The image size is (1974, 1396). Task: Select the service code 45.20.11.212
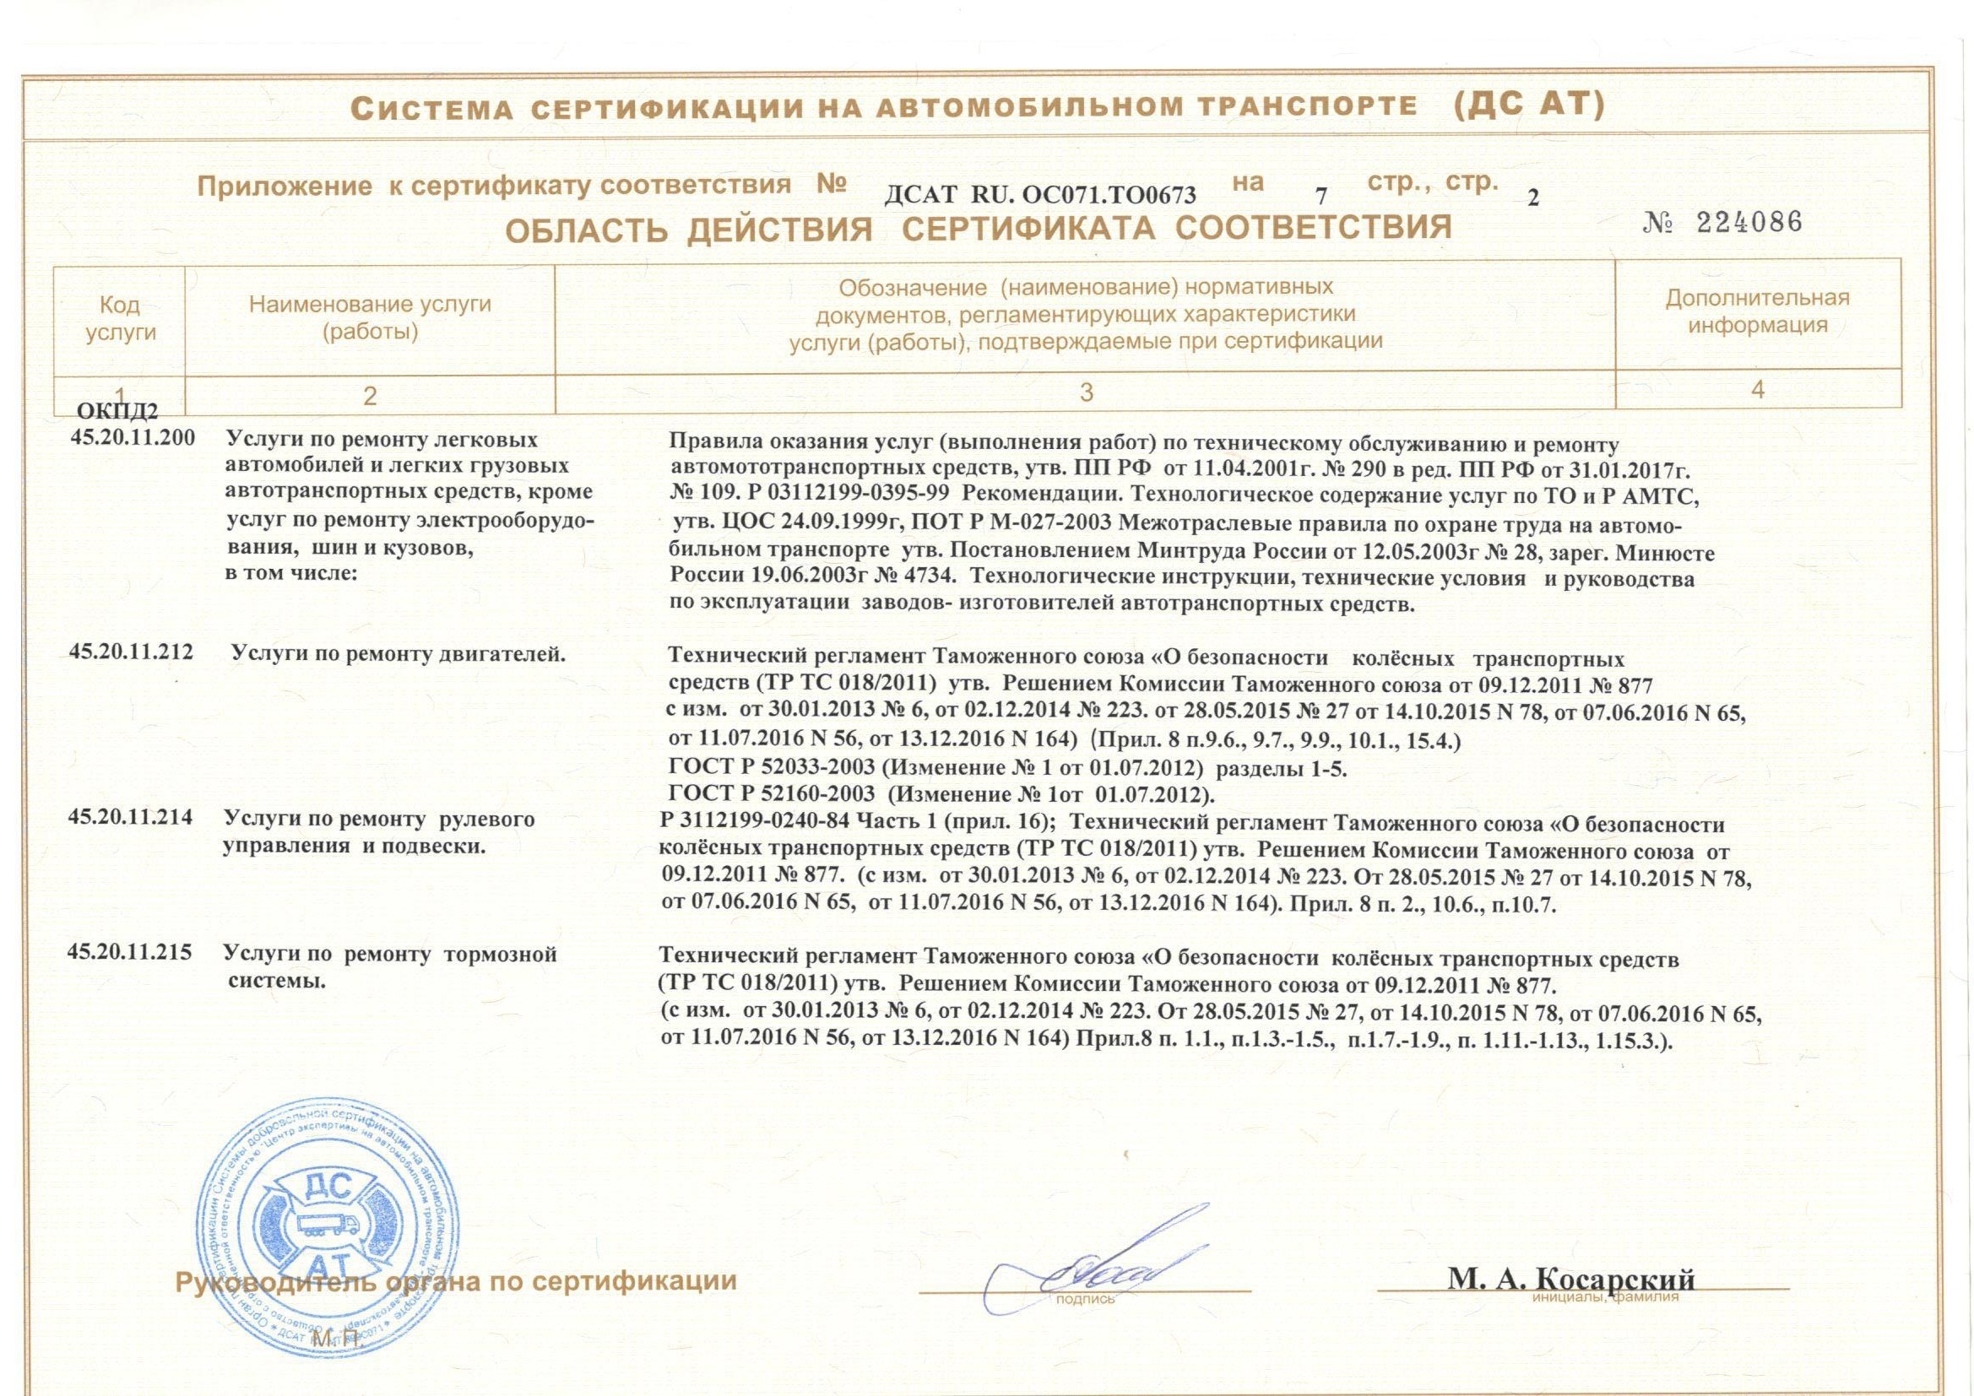[x=132, y=655]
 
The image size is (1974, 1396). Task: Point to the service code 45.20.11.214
[x=131, y=819]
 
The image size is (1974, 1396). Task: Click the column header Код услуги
[x=121, y=318]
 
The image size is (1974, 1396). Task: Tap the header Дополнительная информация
[x=1757, y=311]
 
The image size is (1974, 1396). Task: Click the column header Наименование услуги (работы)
[x=370, y=317]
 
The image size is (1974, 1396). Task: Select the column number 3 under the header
[x=1087, y=392]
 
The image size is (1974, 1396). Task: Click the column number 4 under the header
[x=1757, y=390]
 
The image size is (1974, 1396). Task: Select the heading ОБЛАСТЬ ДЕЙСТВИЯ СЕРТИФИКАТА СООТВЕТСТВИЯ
[x=978, y=229]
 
